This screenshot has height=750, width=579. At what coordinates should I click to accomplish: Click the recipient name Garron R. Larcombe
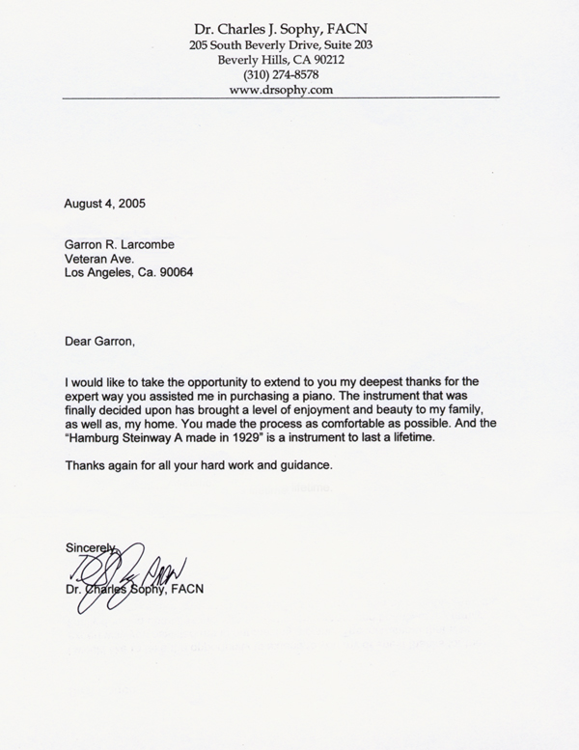120,245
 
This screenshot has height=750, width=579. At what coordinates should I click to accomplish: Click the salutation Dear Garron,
96,341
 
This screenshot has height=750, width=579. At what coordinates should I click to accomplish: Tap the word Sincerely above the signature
90,547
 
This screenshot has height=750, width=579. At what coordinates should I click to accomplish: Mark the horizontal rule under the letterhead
281,100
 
